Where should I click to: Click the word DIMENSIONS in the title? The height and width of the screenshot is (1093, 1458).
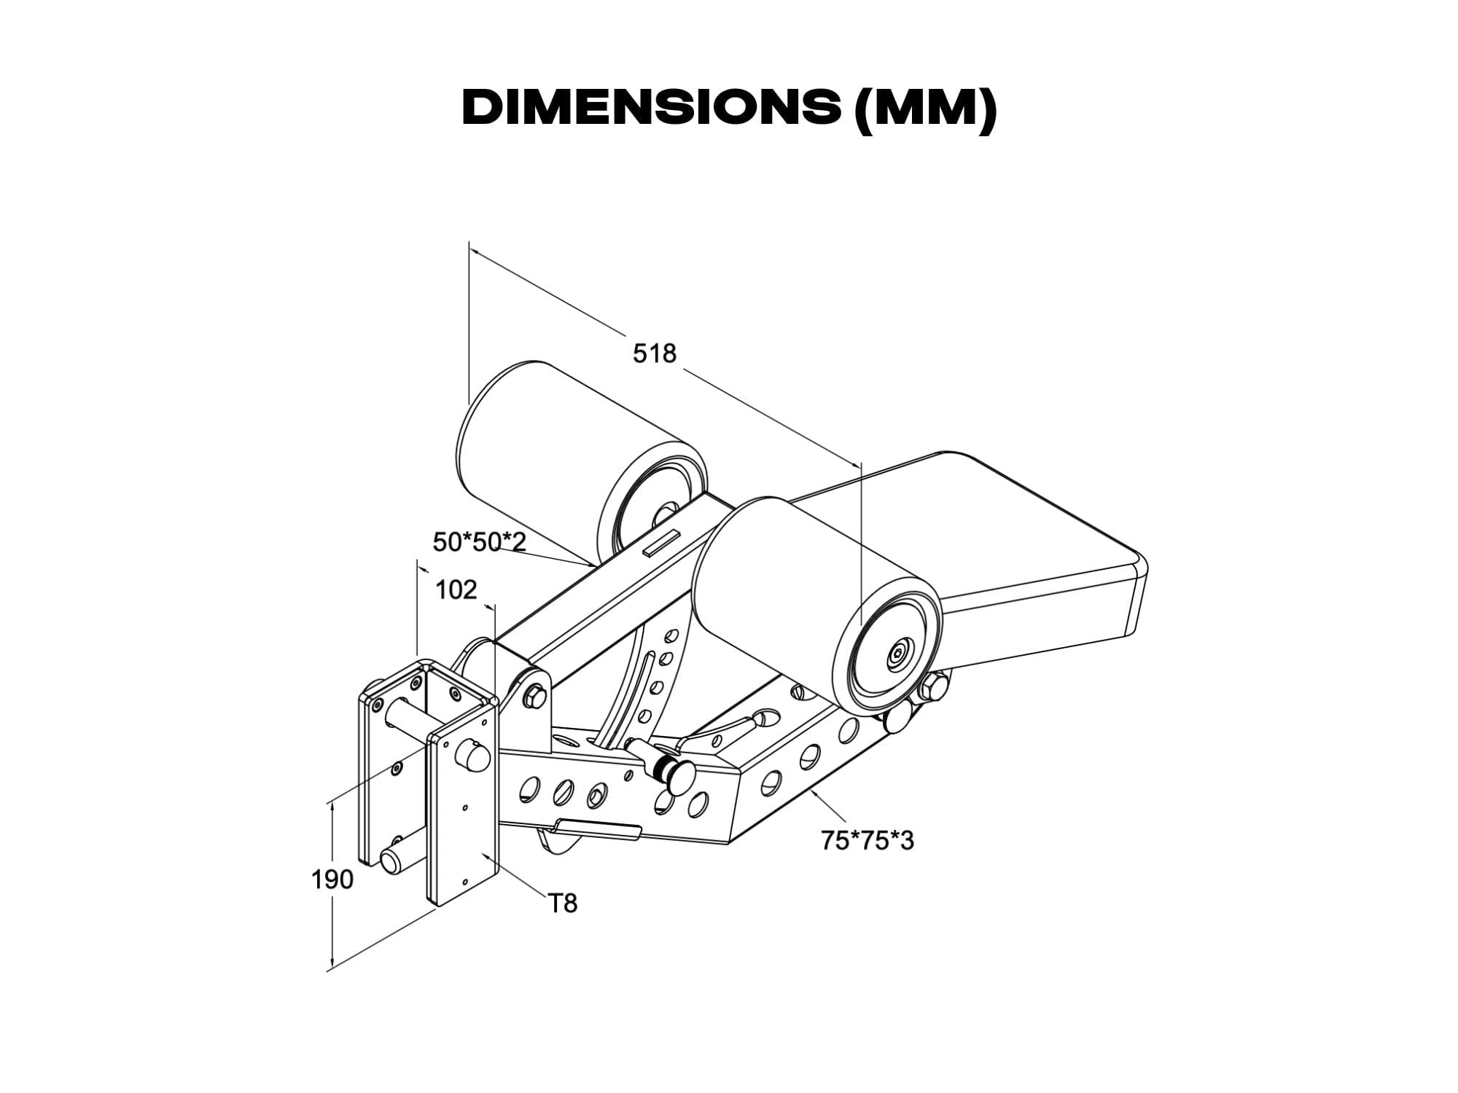click(x=651, y=109)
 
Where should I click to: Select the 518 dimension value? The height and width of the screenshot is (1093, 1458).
click(x=655, y=353)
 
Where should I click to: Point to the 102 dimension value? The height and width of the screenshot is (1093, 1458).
click(x=456, y=589)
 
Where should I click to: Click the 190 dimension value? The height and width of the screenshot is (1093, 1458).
click(x=332, y=880)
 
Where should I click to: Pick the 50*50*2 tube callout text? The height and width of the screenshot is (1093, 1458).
click(x=480, y=542)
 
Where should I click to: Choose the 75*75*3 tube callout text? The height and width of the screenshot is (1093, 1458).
click(x=868, y=841)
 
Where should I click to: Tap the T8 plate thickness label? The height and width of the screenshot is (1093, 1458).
click(x=563, y=904)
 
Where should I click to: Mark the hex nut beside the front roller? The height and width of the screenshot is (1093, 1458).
click(x=934, y=687)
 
